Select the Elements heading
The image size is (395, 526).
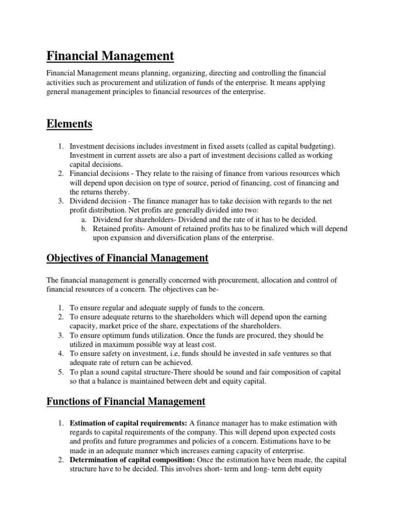click(x=69, y=123)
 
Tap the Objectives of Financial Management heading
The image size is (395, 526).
click(x=128, y=258)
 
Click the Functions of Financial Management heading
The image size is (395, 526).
click(x=126, y=401)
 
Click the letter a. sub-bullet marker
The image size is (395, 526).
click(x=82, y=220)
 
